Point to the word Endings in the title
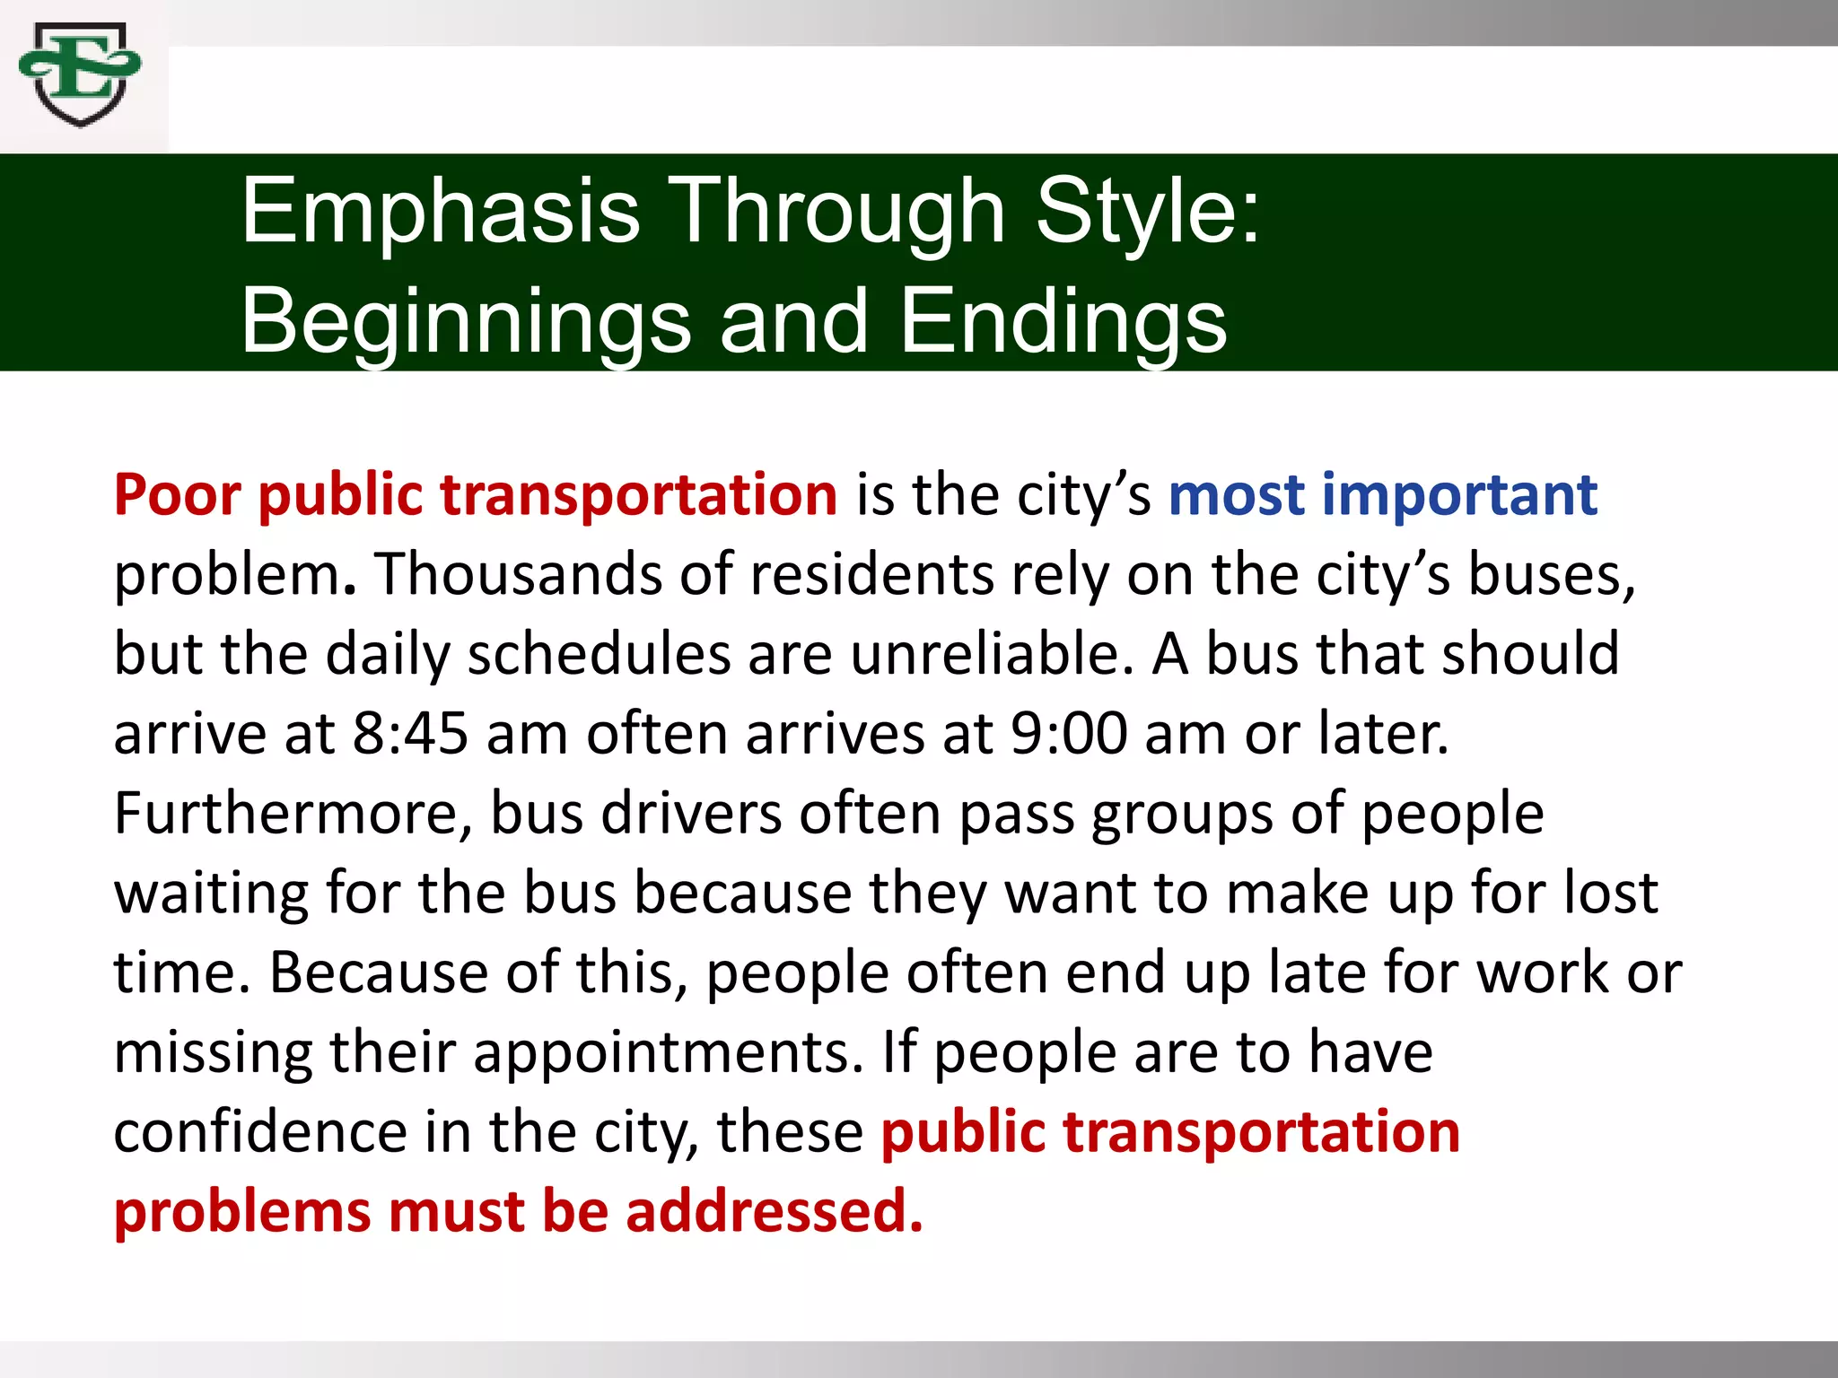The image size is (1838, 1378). pyautogui.click(x=1063, y=321)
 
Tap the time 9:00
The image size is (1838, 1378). pyautogui.click(x=1068, y=734)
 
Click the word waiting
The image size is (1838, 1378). pyautogui.click(x=211, y=894)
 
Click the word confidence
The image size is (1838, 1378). pyautogui.click(x=260, y=1132)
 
